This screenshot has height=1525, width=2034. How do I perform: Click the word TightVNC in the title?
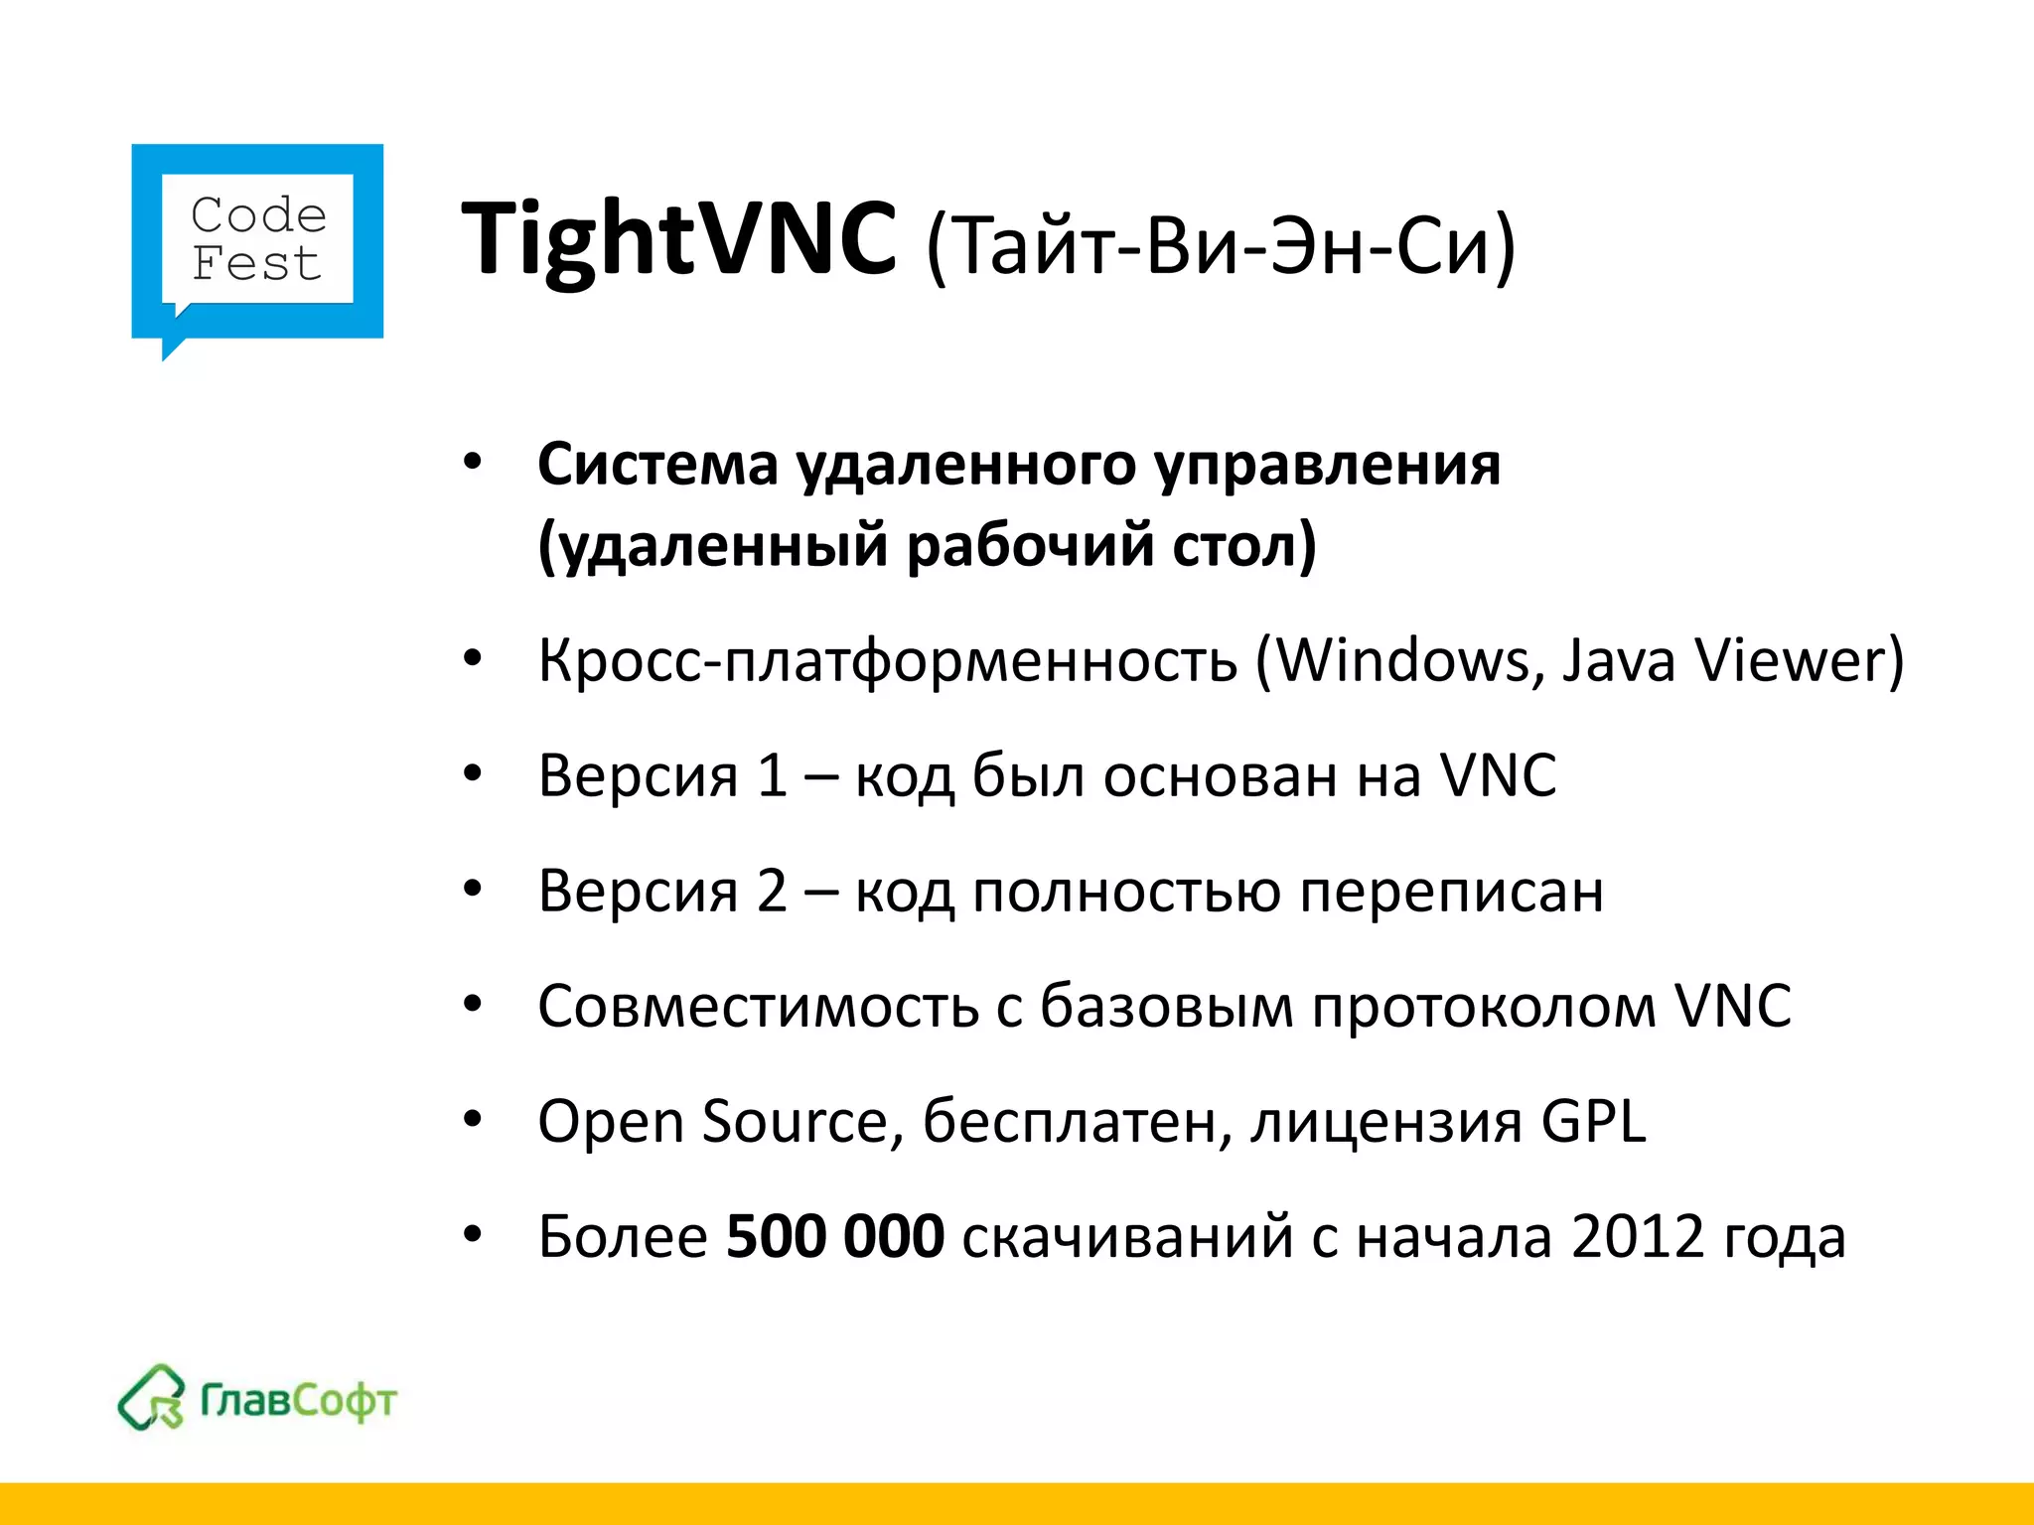[x=679, y=239]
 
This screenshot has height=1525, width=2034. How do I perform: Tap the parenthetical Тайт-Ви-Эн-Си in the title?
[x=1221, y=245]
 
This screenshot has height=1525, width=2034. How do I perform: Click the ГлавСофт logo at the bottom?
[x=257, y=1399]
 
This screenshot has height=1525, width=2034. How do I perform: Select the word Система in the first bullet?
[x=657, y=465]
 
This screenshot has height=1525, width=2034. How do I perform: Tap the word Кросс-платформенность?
[x=888, y=660]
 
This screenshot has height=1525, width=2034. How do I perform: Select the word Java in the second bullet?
[x=1619, y=660]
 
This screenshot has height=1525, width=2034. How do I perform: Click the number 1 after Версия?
[x=772, y=775]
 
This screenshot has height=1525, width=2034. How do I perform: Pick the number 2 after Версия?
[x=772, y=891]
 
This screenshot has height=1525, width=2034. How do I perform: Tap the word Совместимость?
[x=758, y=1006]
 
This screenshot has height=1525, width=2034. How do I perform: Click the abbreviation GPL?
[x=1593, y=1122]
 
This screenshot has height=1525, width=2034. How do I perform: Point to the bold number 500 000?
[x=835, y=1236]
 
